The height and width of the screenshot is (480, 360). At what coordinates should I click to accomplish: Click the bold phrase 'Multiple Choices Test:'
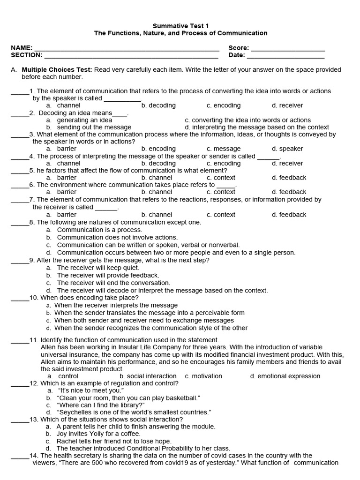pos(57,70)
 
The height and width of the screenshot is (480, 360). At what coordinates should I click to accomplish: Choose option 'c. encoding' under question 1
pos(224,105)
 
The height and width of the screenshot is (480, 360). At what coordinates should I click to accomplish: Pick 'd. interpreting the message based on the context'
pos(257,127)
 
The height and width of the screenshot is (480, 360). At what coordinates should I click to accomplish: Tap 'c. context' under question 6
pos(221,192)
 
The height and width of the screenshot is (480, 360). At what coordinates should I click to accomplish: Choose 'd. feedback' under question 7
pos(289,215)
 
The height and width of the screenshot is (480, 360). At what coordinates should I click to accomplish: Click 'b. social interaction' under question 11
pos(148,376)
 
